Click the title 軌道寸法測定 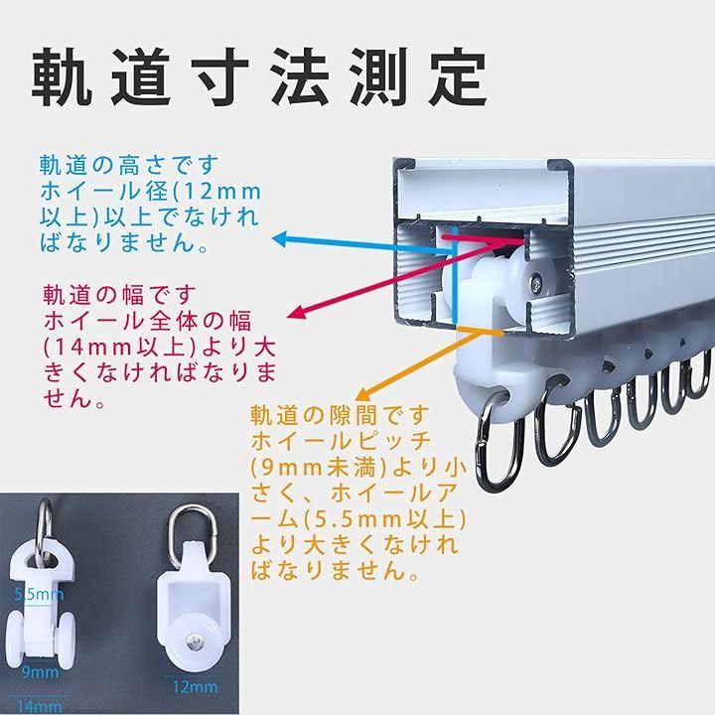(x=259, y=77)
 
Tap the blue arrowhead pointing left (x=279, y=239)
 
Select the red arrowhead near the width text (x=297, y=312)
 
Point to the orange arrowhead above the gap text (x=363, y=392)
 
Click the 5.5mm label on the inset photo (x=39, y=594)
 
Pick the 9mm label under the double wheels (x=40, y=671)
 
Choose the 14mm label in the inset (x=39, y=706)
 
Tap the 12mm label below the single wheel (x=195, y=686)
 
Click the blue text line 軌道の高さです (x=129, y=165)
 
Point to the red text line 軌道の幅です (x=120, y=295)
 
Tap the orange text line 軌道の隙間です (x=340, y=415)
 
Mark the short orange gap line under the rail (x=480, y=331)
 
